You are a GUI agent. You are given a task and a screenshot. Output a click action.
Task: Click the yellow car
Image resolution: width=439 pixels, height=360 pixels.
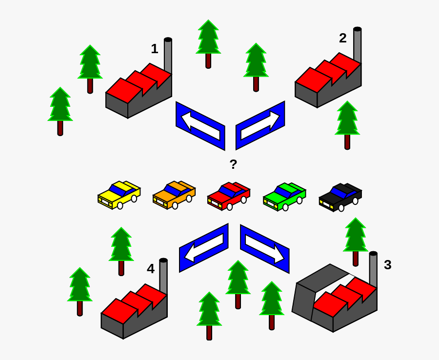click(119, 195)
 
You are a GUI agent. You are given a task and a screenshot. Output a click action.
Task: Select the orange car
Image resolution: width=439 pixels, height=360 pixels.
click(174, 195)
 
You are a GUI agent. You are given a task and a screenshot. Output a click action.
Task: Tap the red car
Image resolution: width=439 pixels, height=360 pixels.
click(228, 196)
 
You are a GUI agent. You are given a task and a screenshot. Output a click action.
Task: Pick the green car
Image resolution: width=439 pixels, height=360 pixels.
click(284, 196)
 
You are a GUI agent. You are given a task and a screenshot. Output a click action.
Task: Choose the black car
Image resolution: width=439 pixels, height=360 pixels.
click(340, 197)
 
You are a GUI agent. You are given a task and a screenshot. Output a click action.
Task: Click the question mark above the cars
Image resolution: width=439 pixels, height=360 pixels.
click(233, 164)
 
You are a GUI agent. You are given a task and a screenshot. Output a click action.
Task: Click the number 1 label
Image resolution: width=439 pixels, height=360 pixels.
click(154, 49)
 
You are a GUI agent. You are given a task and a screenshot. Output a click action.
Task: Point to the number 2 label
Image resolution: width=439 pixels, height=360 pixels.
click(343, 38)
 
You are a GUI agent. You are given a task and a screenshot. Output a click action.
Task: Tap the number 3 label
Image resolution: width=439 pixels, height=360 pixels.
click(387, 265)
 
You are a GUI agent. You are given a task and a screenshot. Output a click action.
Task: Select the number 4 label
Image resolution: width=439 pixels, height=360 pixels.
click(151, 269)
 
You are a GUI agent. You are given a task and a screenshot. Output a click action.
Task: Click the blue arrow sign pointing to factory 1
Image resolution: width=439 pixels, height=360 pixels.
click(200, 125)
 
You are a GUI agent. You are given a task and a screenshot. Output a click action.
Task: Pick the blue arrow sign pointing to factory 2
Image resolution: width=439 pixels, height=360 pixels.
click(260, 125)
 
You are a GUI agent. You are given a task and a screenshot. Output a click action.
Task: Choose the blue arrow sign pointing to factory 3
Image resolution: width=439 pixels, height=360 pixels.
click(264, 248)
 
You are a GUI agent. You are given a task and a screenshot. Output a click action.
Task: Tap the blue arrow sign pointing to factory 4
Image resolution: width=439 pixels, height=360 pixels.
click(203, 248)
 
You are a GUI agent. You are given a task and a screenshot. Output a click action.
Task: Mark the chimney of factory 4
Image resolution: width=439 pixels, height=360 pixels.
click(163, 275)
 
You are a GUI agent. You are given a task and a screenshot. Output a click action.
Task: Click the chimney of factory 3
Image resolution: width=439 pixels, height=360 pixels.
click(373, 268)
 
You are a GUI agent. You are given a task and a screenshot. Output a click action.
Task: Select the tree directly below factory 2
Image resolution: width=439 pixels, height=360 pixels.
click(347, 124)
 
